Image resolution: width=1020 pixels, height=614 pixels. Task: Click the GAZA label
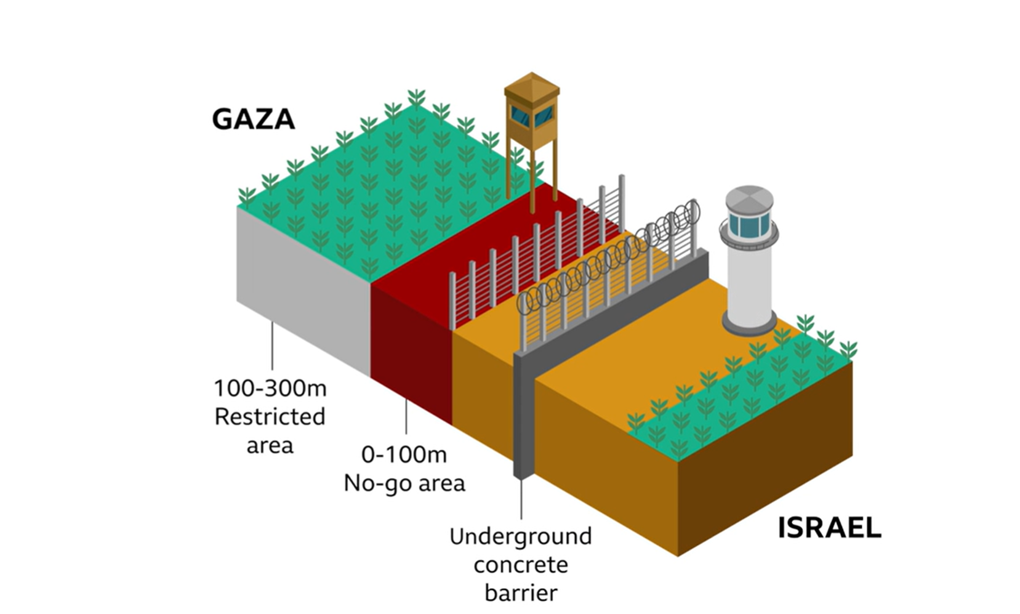(x=253, y=119)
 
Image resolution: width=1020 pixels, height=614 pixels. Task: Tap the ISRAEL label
(x=829, y=528)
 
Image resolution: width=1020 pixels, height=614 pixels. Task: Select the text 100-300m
(x=270, y=389)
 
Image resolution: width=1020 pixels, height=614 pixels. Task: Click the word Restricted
(x=270, y=417)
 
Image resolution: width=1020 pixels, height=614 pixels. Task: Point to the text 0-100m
(x=404, y=454)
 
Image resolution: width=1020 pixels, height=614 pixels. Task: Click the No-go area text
(x=404, y=483)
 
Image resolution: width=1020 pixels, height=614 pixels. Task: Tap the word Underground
(x=520, y=536)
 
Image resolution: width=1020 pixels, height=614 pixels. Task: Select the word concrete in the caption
(x=520, y=564)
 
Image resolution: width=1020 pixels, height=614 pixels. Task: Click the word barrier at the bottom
(x=520, y=592)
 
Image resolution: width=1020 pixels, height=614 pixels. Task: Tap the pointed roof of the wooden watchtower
(x=531, y=84)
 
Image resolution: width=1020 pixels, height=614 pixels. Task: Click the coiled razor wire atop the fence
(x=609, y=259)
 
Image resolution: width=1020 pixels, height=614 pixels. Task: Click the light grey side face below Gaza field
(x=302, y=289)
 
